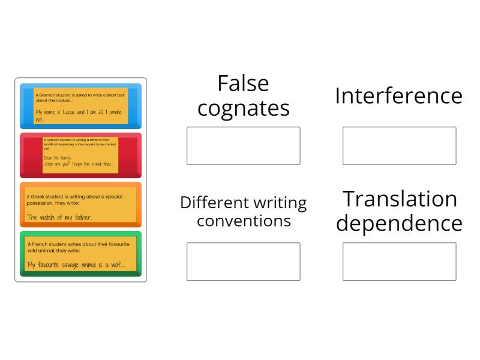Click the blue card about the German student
coord(80,106)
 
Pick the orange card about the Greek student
coord(80,205)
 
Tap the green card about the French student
coord(80,254)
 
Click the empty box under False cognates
coord(243,146)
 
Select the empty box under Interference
coord(399,146)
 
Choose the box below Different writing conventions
coord(243,262)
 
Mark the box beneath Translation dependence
coord(399,262)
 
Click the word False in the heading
coord(243,83)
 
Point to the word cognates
coord(243,109)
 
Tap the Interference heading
coord(399,96)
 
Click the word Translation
coord(399,199)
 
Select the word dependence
coord(399,223)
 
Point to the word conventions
coord(243,221)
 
